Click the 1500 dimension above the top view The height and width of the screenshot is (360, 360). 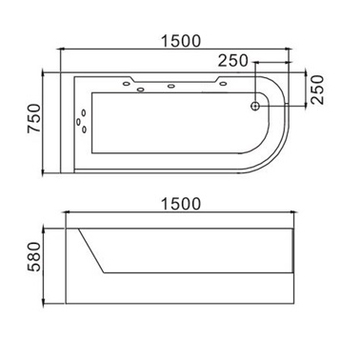[x=181, y=41]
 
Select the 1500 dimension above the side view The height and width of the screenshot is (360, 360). [x=181, y=204]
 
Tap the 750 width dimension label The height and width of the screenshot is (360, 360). [x=34, y=118]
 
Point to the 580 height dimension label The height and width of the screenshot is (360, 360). [x=34, y=256]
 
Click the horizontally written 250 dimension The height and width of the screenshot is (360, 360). [x=232, y=60]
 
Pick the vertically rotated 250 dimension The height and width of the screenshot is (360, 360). [x=317, y=90]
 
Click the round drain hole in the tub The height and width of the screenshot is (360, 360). [x=255, y=106]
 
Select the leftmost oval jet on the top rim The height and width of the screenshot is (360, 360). [x=127, y=84]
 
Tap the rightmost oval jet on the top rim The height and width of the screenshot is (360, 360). [x=223, y=84]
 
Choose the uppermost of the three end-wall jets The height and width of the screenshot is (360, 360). [x=84, y=112]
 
